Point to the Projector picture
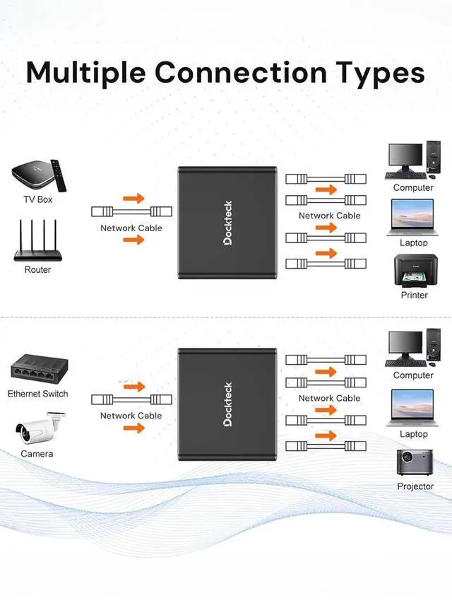pos(414,463)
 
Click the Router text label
pos(37,269)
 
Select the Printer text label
pos(414,295)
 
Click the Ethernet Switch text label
pos(37,394)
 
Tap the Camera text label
pos(36,453)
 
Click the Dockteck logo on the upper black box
pos(227,223)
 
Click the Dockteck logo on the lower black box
pos(227,405)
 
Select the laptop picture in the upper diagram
pos(413,217)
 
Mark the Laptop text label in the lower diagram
pos(413,434)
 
